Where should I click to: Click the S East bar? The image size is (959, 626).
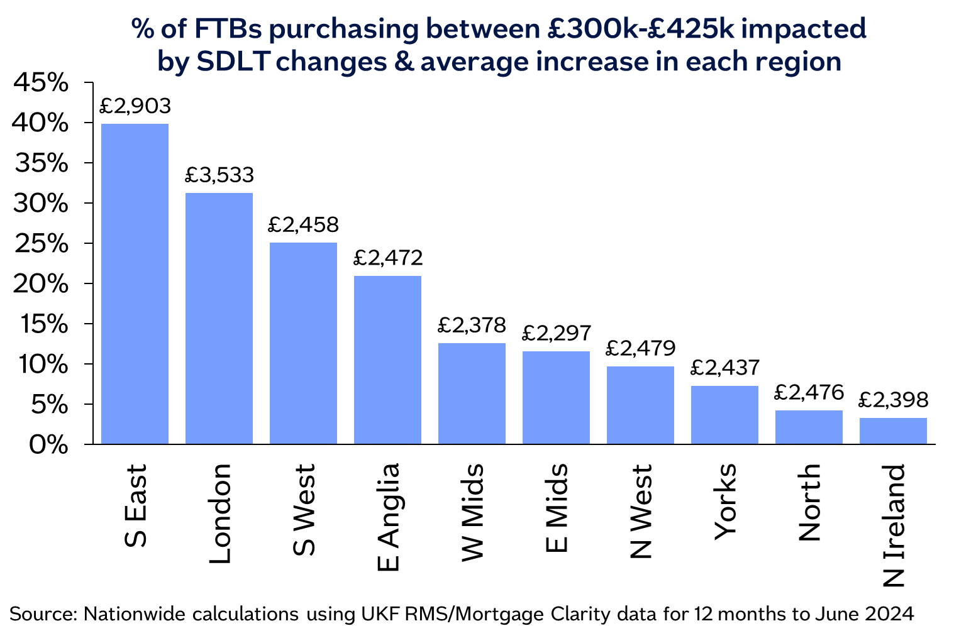(135, 284)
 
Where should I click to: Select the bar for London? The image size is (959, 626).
(219, 319)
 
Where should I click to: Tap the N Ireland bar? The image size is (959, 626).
(893, 431)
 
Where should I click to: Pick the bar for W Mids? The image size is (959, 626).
(472, 393)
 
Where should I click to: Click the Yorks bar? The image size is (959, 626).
(724, 415)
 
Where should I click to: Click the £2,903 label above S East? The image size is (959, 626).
(135, 106)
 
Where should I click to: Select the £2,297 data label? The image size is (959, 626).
(557, 332)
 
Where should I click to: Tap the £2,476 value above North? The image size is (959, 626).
(808, 392)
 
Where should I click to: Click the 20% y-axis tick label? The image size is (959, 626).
(40, 284)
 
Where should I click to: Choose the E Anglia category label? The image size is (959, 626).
(388, 517)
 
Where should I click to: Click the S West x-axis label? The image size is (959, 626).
(304, 510)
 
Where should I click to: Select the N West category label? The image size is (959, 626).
(640, 512)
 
